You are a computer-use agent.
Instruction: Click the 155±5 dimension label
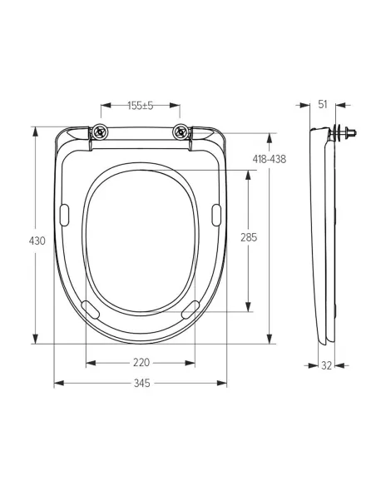click(141, 106)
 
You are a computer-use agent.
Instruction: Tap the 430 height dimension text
click(37, 241)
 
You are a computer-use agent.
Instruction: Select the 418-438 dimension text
click(270, 159)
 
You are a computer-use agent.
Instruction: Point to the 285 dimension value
click(249, 237)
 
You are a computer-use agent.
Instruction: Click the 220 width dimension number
click(141, 362)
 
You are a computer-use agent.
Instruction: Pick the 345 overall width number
click(142, 384)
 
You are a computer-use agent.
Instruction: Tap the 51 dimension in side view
click(323, 105)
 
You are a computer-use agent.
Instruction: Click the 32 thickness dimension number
click(326, 365)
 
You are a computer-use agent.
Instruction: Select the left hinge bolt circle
click(101, 132)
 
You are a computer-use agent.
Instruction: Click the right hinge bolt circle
click(181, 132)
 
